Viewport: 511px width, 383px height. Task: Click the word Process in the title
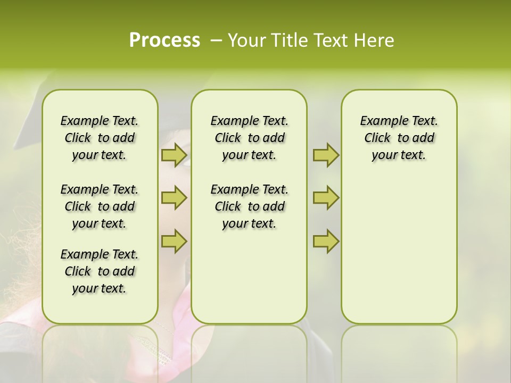point(164,40)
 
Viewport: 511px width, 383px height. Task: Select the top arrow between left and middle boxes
point(174,155)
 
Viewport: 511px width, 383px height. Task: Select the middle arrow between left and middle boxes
point(174,198)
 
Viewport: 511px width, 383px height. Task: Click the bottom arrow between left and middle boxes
point(174,241)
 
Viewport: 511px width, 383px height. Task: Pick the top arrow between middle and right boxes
point(326,155)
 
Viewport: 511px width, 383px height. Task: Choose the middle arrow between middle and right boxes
point(326,198)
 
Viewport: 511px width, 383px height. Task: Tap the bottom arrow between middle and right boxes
point(326,241)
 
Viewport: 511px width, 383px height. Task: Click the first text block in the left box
point(100,138)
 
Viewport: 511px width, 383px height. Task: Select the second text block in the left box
point(100,206)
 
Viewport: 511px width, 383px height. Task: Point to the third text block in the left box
point(100,271)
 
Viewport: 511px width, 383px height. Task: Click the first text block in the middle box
point(250,138)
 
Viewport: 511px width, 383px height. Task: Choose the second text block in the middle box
point(250,206)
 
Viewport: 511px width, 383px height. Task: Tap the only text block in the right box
point(399,138)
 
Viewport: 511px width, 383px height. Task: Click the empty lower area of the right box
point(399,255)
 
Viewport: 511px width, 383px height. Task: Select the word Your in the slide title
point(246,40)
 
